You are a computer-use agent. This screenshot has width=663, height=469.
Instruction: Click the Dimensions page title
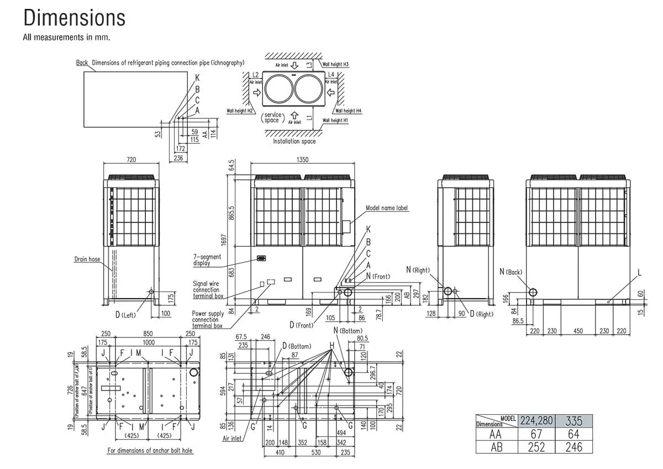74,18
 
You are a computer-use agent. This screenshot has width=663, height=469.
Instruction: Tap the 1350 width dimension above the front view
302,159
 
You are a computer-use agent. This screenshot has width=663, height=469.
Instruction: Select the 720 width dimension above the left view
131,159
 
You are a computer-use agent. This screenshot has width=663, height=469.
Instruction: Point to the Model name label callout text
387,208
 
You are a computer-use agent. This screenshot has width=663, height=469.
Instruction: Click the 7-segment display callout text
207,260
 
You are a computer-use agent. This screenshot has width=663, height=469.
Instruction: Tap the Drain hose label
87,259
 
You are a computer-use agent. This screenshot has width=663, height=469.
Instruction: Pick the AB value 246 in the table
574,446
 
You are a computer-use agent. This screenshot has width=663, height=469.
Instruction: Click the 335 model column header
574,421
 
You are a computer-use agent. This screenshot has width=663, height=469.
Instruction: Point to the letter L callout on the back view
639,273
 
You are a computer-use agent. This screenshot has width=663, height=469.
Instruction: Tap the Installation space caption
294,141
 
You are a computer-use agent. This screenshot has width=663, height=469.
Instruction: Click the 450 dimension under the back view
577,331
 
